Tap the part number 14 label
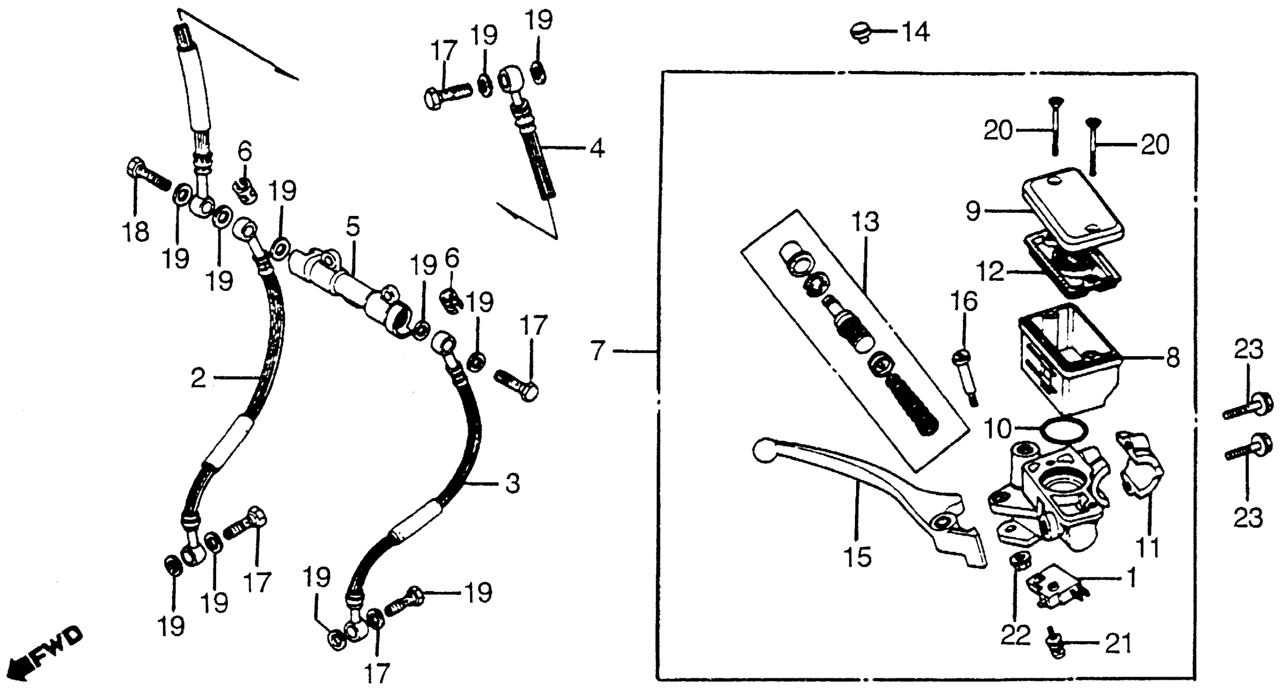(x=915, y=33)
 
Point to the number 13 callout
(x=865, y=222)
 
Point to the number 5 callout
(x=353, y=227)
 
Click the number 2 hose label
(x=198, y=378)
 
